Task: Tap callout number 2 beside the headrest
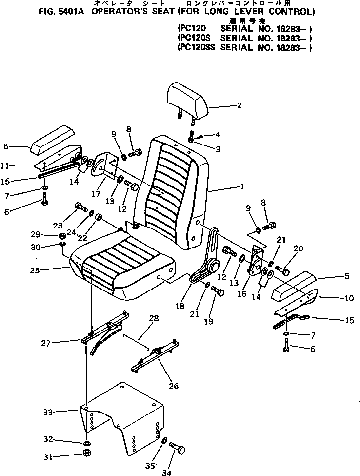click(x=239, y=105)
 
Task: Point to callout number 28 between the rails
click(x=154, y=318)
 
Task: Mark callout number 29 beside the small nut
click(x=49, y=235)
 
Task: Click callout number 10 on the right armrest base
click(x=349, y=298)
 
